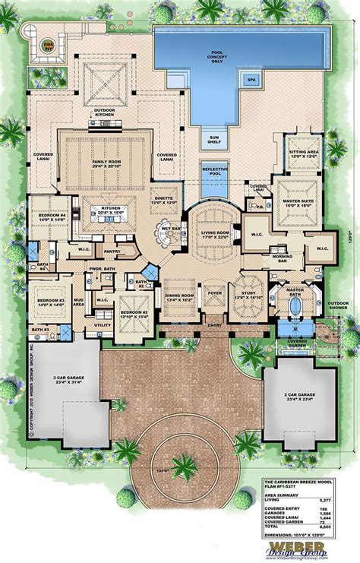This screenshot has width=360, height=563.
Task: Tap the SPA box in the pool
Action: click(x=250, y=79)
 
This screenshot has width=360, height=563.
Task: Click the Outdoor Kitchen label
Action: click(x=104, y=115)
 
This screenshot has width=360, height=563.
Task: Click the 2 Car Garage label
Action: click(x=297, y=397)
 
